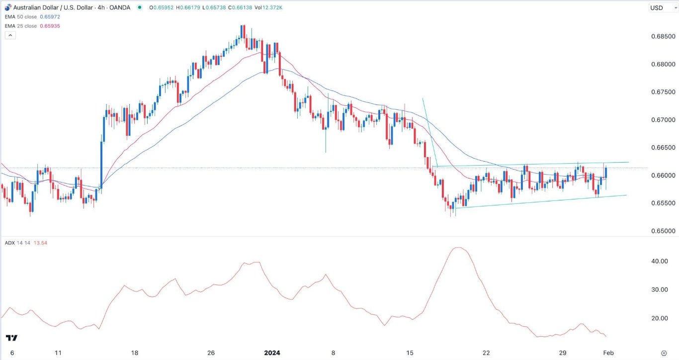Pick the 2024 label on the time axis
pyautogui.click(x=272, y=353)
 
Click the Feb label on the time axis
pyautogui.click(x=608, y=353)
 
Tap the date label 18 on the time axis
pyautogui.click(x=135, y=353)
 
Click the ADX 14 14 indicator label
pyautogui.click(x=17, y=243)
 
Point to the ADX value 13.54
pyautogui.click(x=40, y=243)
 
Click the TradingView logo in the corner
pyautogui.click(x=12, y=338)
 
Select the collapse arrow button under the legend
pyautogui.click(x=10, y=35)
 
